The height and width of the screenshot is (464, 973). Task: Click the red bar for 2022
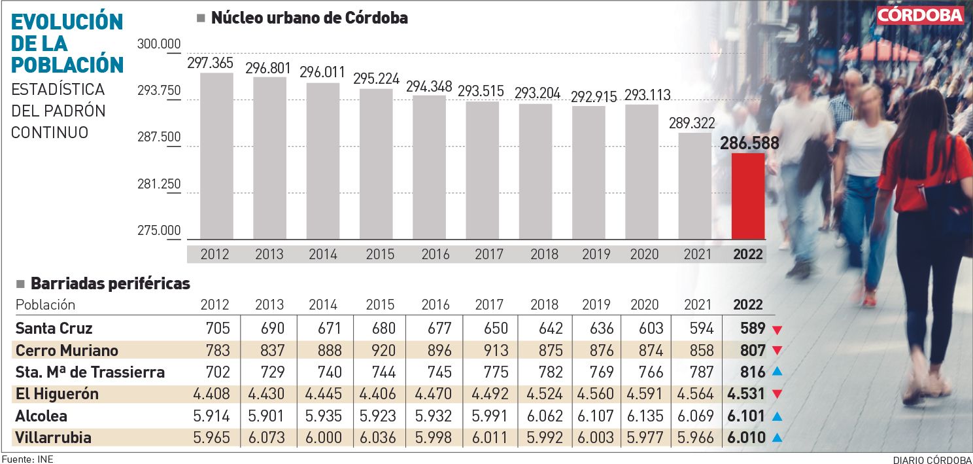[x=747, y=196]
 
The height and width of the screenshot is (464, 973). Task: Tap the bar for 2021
[x=694, y=186]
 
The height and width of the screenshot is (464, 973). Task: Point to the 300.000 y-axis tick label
[x=159, y=45]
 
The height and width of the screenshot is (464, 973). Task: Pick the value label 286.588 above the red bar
[x=748, y=143]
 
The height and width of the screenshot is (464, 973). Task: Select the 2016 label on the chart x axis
[x=435, y=254]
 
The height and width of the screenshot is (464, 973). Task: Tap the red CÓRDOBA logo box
[x=920, y=16]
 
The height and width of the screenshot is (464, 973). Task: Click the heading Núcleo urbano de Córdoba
[x=309, y=18]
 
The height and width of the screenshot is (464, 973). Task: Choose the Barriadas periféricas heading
[x=111, y=283]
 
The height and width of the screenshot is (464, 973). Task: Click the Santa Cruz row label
[x=54, y=328]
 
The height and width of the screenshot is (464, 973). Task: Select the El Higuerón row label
[x=57, y=394]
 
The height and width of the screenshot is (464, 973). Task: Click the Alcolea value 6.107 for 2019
[x=595, y=416]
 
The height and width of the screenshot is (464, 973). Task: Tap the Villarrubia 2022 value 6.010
[x=746, y=438]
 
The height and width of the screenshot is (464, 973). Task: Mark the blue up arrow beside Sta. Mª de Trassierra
[x=777, y=372]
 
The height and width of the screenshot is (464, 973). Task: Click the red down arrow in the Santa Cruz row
[x=777, y=329]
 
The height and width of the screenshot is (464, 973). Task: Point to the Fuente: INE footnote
[x=27, y=459]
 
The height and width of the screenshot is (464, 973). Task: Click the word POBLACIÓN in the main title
[x=68, y=64]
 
